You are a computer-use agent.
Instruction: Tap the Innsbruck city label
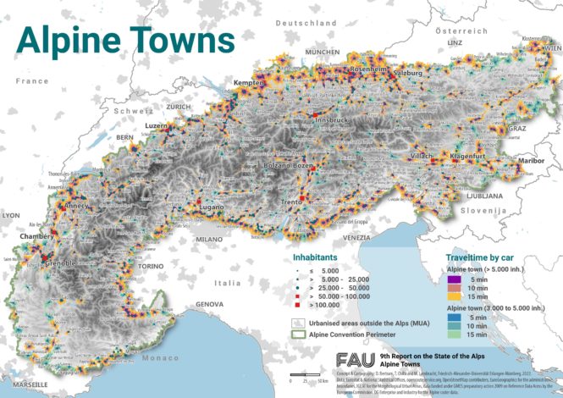331,121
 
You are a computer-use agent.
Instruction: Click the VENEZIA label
357,240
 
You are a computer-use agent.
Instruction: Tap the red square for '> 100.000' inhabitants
298,302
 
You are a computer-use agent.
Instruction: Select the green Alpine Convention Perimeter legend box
299,334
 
